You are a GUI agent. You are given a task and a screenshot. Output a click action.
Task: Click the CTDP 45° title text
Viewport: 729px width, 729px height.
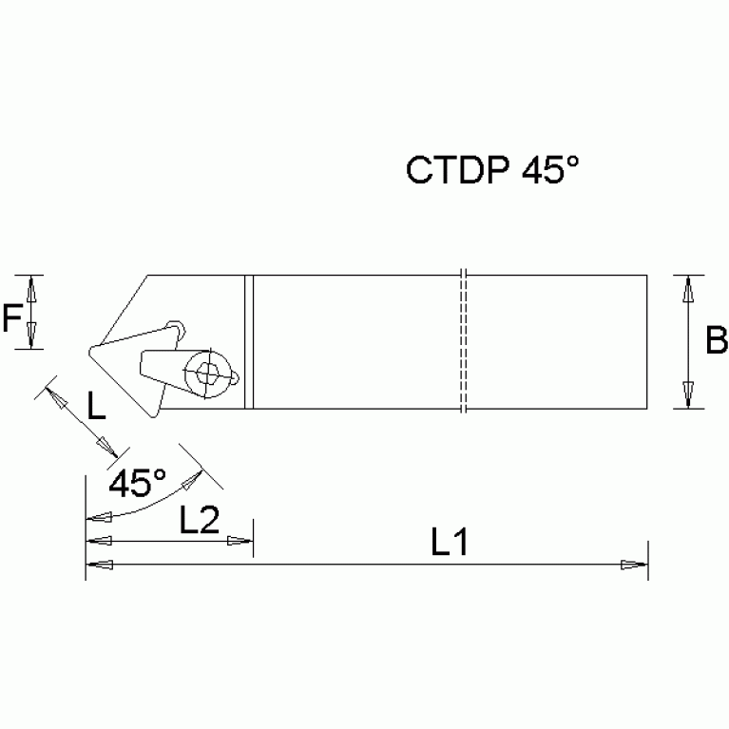(x=491, y=170)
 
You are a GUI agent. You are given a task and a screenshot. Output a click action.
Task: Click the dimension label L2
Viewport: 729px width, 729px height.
(x=199, y=519)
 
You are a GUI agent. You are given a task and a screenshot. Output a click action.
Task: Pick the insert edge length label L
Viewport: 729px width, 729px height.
(x=97, y=407)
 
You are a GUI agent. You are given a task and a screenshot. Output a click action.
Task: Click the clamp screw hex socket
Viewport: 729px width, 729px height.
(x=206, y=372)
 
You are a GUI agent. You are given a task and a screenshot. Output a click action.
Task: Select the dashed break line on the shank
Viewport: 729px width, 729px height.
(x=463, y=342)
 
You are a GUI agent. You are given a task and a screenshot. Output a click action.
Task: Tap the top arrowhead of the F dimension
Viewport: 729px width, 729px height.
(x=32, y=286)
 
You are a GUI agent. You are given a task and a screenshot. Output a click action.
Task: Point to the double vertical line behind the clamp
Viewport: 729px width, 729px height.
(x=248, y=342)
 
